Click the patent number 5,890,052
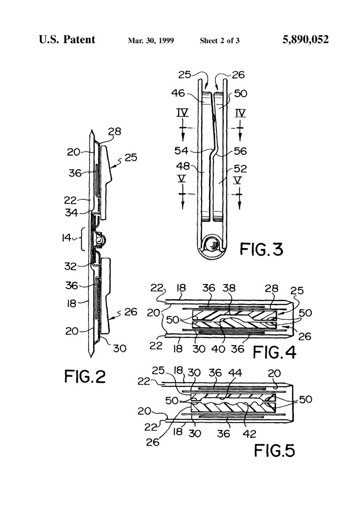point(306,40)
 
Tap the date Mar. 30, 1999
point(151,41)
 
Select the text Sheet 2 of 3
point(219,41)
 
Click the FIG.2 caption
point(85,376)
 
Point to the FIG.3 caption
point(261,249)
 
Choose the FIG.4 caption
point(274,352)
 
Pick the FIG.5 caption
point(274,450)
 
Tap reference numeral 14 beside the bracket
point(67,237)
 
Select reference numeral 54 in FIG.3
point(181,151)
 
